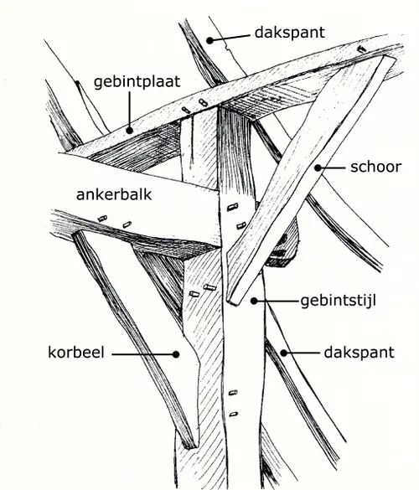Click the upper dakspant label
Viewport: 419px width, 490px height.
pos(289,34)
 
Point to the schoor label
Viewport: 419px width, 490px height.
pos(375,168)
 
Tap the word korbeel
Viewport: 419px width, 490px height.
pos(75,353)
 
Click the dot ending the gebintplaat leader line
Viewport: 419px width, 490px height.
pos(129,130)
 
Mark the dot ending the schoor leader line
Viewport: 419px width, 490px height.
pos(318,168)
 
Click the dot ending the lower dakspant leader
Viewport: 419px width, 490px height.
pos(283,353)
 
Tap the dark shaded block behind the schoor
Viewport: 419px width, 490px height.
pos(283,249)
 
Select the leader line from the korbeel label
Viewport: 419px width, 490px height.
pos(142,353)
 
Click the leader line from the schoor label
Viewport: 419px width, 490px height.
pos(334,168)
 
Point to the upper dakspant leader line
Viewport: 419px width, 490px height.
pos(230,35)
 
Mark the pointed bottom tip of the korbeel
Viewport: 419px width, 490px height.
pos(192,445)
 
